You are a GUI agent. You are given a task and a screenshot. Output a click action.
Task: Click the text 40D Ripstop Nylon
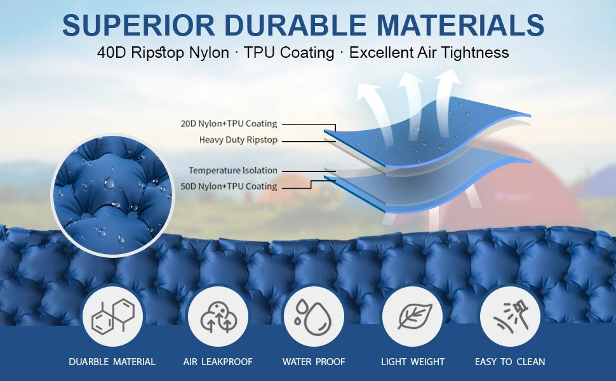(x=163, y=53)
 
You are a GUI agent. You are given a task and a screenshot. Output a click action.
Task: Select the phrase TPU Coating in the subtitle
(x=289, y=53)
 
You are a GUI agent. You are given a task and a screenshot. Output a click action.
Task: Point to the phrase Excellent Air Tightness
(x=429, y=53)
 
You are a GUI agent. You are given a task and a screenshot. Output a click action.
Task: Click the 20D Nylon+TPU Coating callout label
(x=229, y=124)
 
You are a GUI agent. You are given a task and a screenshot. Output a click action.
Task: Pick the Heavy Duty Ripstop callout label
(x=238, y=140)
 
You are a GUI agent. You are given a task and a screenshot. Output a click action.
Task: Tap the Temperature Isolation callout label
(x=233, y=170)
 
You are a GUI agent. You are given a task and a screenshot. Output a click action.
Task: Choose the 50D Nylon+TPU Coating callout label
(x=229, y=186)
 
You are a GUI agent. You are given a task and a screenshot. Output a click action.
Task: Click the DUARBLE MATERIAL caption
(x=112, y=362)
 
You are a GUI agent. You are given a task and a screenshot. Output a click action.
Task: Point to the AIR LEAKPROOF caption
(x=218, y=362)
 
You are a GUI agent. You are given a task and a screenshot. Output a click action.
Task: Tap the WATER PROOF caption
(x=314, y=362)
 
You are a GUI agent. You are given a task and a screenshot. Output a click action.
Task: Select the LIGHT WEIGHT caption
(x=413, y=362)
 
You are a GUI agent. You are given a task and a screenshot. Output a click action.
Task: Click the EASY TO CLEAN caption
(x=510, y=362)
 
